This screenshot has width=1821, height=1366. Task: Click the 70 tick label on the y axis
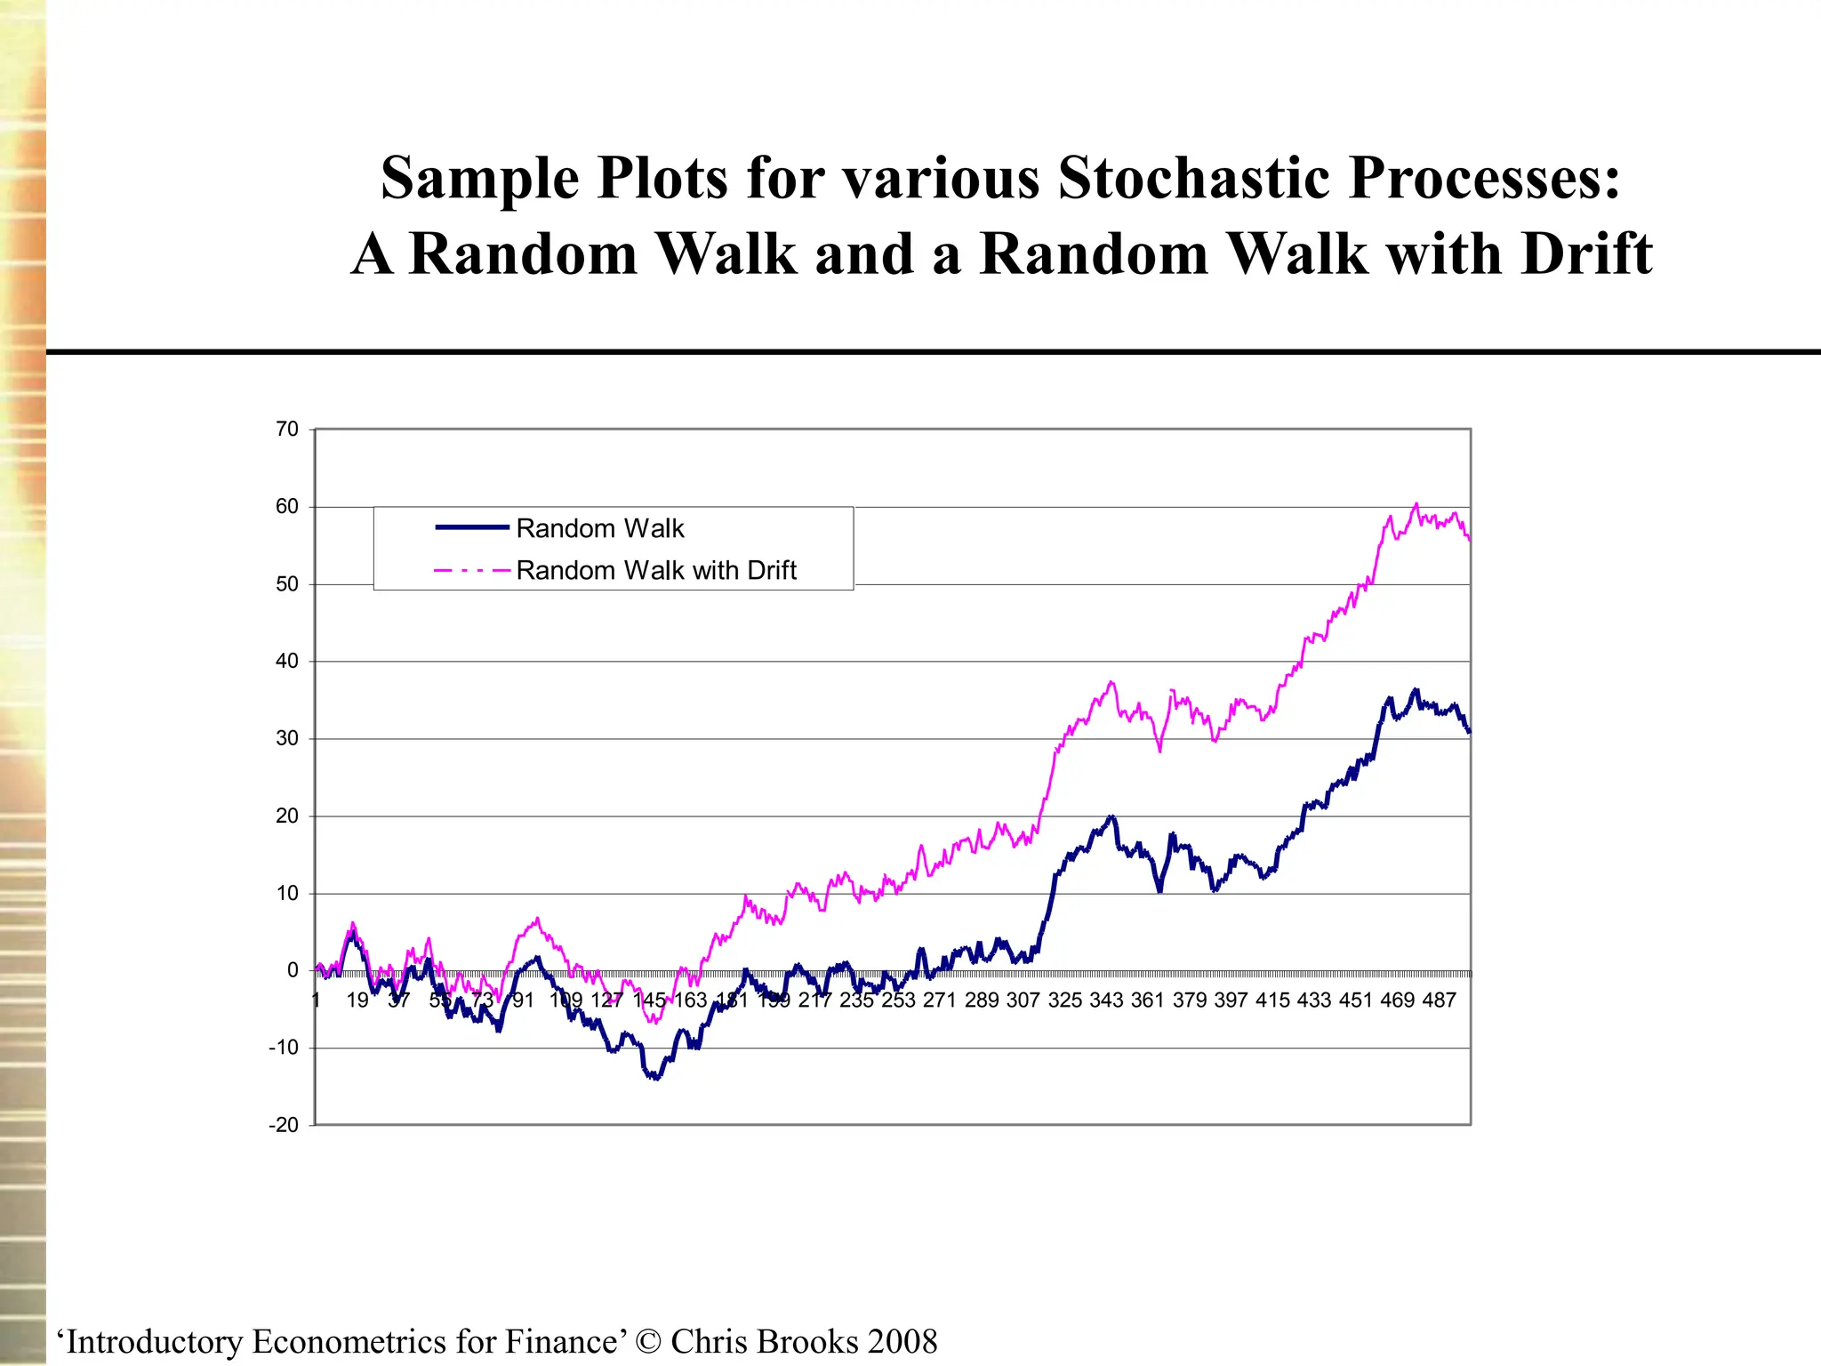point(286,430)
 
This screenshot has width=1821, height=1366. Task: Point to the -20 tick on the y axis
point(284,1125)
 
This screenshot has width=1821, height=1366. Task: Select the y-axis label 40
point(286,661)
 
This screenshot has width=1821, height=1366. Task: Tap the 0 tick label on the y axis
point(293,971)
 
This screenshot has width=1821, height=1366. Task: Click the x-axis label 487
point(1439,1000)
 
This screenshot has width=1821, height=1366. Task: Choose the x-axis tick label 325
point(1064,1000)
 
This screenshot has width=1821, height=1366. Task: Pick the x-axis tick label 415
point(1272,1000)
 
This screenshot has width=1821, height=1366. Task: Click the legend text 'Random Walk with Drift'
point(656,570)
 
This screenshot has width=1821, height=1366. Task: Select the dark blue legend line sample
point(471,528)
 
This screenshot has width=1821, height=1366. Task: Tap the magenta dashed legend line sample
point(471,570)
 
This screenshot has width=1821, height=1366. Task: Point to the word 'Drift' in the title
point(1586,254)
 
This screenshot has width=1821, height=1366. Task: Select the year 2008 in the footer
point(902,1341)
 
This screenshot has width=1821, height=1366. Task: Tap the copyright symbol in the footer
point(649,1341)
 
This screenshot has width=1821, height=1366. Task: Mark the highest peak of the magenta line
point(1416,504)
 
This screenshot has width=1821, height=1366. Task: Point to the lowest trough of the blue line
point(656,1078)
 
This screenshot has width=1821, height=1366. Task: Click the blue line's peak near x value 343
point(1111,816)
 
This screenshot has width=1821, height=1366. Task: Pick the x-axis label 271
point(939,1000)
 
